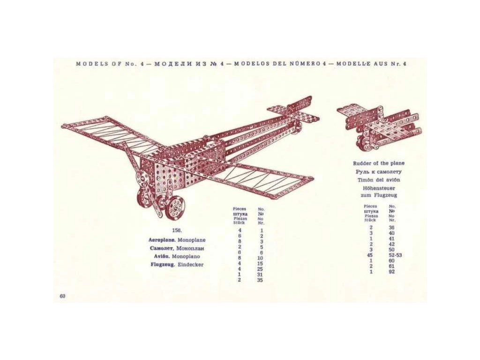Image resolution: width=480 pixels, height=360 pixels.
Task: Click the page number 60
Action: pos(62,295)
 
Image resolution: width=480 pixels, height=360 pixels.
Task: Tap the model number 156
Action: pos(177,231)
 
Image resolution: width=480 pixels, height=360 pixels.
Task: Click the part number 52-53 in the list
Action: pos(395,255)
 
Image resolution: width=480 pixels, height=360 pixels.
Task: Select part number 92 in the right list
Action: pos(392,272)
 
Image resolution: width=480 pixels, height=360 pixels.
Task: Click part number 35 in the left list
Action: pos(260,280)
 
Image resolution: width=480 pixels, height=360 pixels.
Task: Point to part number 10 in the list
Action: pos(260,258)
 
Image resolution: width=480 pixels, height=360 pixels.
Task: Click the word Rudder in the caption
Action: pos(362,164)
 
